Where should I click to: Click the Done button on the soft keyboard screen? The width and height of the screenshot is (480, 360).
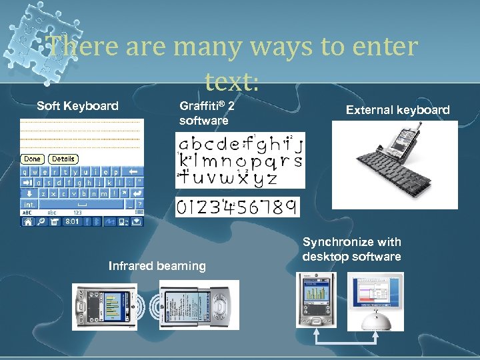[x=32, y=159]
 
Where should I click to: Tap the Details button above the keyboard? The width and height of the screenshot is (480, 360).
[x=63, y=159]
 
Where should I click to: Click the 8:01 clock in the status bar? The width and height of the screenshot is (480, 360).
[x=72, y=221]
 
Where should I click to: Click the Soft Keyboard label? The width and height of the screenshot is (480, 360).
[x=77, y=105]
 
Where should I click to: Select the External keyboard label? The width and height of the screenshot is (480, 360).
[x=397, y=110]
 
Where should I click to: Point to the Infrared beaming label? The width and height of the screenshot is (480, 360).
[x=157, y=266]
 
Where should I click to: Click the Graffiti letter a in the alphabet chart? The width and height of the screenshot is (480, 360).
[x=183, y=143]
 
